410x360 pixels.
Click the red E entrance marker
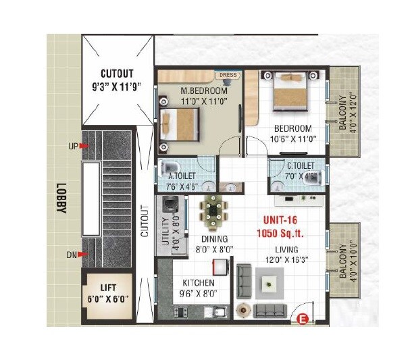pyautogui.click(x=303, y=320)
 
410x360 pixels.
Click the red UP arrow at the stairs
pyautogui.click(x=84, y=146)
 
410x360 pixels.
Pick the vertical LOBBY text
pyautogui.click(x=61, y=199)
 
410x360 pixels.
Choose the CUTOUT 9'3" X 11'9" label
pyautogui.click(x=118, y=80)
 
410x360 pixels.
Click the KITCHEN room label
pyautogui.click(x=199, y=283)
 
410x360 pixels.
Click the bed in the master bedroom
pyautogui.click(x=181, y=124)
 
